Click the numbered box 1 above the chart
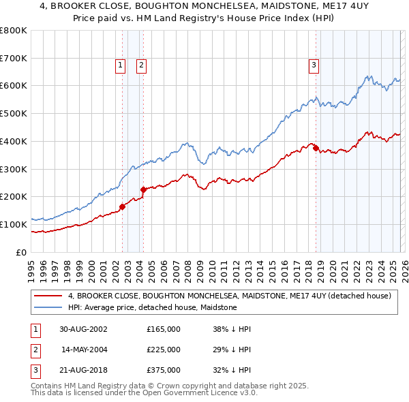(120, 65)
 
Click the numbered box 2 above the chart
(141, 65)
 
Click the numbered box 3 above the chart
(314, 65)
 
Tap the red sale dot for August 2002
(122, 206)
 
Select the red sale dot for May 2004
(143, 189)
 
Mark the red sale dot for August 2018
(316, 148)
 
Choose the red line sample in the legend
(48, 296)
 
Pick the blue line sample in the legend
(48, 308)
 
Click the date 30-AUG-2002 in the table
(83, 329)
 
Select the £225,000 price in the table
(164, 350)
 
